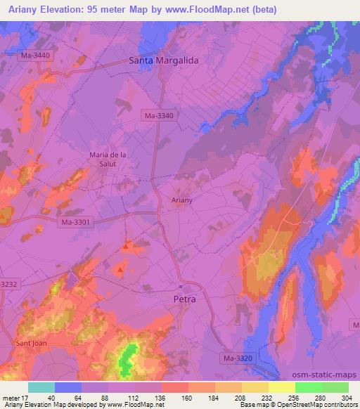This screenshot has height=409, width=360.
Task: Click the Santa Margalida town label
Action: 164,60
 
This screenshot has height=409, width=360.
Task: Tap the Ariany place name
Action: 182,200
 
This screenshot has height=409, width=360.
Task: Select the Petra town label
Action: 184,299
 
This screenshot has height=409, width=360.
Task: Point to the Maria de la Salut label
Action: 108,159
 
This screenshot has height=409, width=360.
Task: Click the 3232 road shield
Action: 7,284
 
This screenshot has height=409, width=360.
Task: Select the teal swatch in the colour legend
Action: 41,387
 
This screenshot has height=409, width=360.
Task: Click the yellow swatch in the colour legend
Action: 281,387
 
